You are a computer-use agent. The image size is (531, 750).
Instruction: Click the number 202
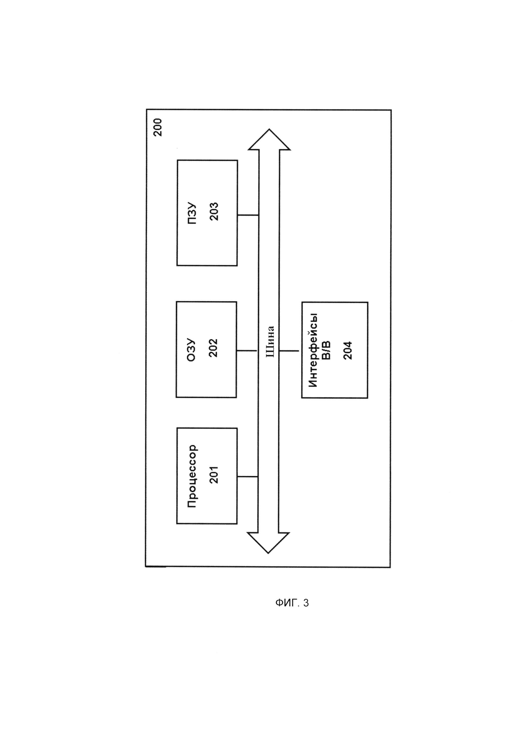(213, 348)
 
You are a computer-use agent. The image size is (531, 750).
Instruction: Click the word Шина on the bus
(270, 342)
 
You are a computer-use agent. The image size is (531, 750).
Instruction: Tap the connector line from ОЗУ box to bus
(247, 351)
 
